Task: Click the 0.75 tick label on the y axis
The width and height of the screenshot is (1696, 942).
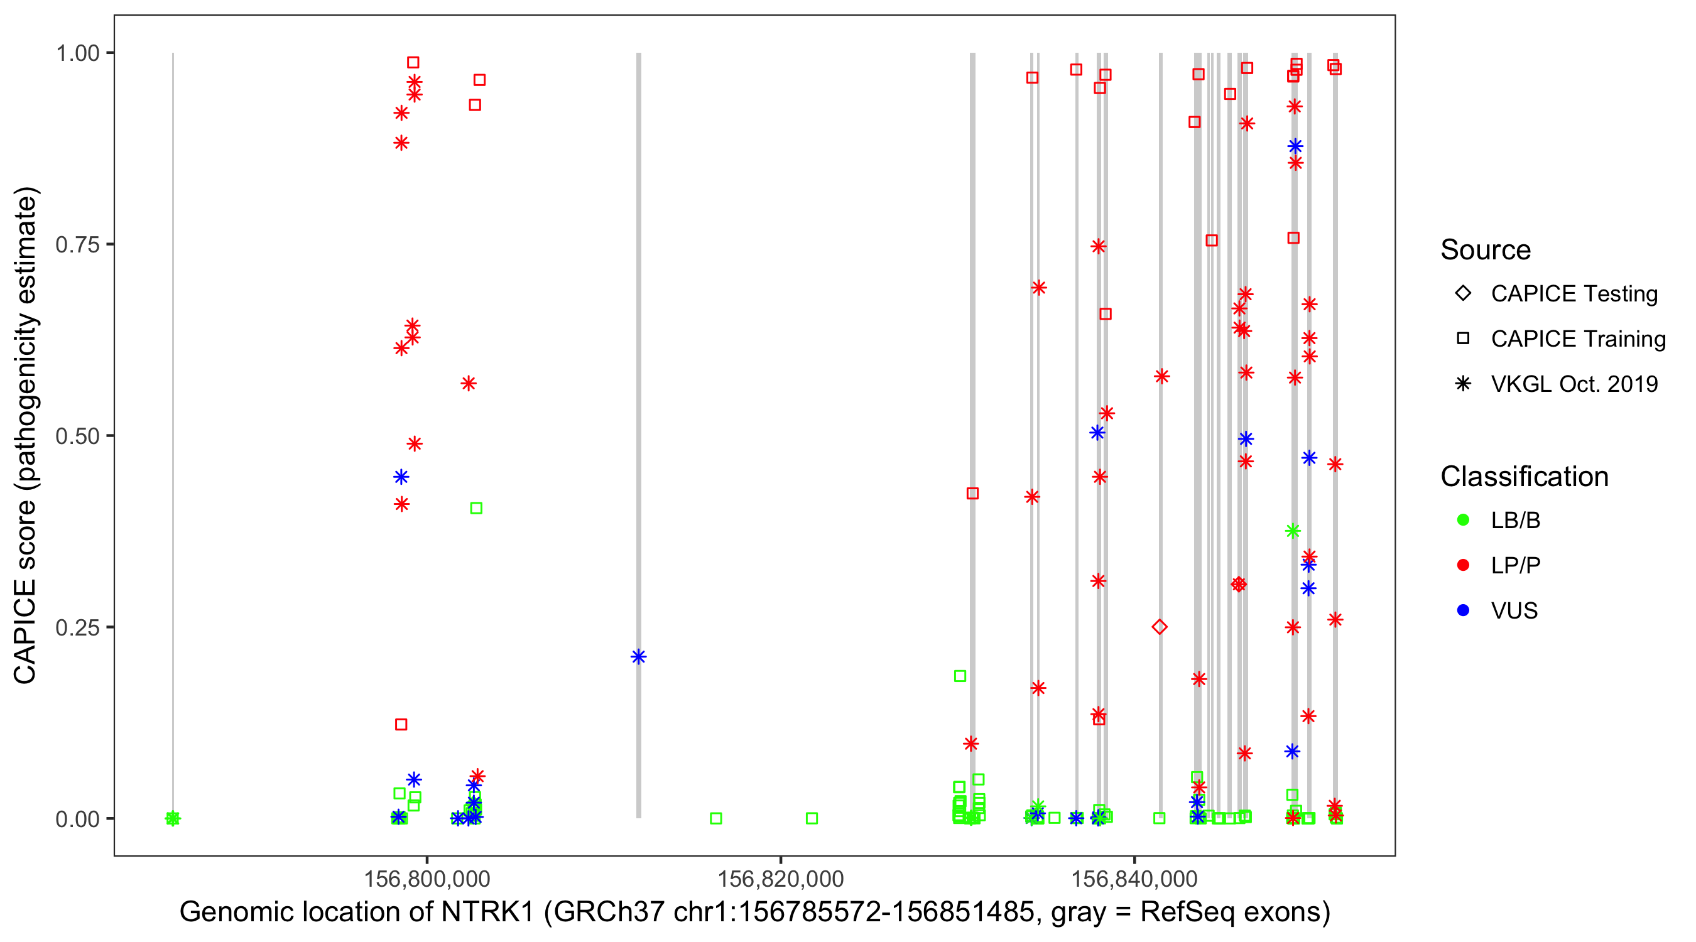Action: pos(77,244)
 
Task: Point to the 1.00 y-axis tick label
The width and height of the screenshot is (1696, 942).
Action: pos(77,53)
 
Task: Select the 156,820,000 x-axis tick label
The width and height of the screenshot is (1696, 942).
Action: pos(780,878)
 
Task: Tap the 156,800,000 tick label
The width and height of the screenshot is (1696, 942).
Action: pos(427,878)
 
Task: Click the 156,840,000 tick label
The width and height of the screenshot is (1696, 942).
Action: pos(1134,878)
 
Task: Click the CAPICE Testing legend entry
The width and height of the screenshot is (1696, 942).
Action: pos(1574,294)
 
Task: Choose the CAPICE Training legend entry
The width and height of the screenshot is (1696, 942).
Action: pos(1577,339)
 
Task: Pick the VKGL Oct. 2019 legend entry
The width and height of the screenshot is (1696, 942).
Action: pos(1574,384)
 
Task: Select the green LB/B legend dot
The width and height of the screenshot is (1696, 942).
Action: pos(1463,520)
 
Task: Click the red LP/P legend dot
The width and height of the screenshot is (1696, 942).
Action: pos(1463,565)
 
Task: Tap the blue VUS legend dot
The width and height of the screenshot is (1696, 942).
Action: pos(1463,610)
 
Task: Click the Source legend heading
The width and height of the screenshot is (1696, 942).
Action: pos(1486,250)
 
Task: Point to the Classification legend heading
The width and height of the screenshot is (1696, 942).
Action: pos(1524,477)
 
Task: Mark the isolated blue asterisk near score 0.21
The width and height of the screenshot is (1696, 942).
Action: pos(638,656)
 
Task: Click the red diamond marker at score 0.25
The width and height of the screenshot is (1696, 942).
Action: pos(1160,627)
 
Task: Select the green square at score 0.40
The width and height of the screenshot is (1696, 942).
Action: pos(476,508)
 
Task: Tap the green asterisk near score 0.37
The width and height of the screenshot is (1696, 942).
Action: pos(1292,531)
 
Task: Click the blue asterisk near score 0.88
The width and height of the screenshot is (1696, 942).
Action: pos(1295,146)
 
